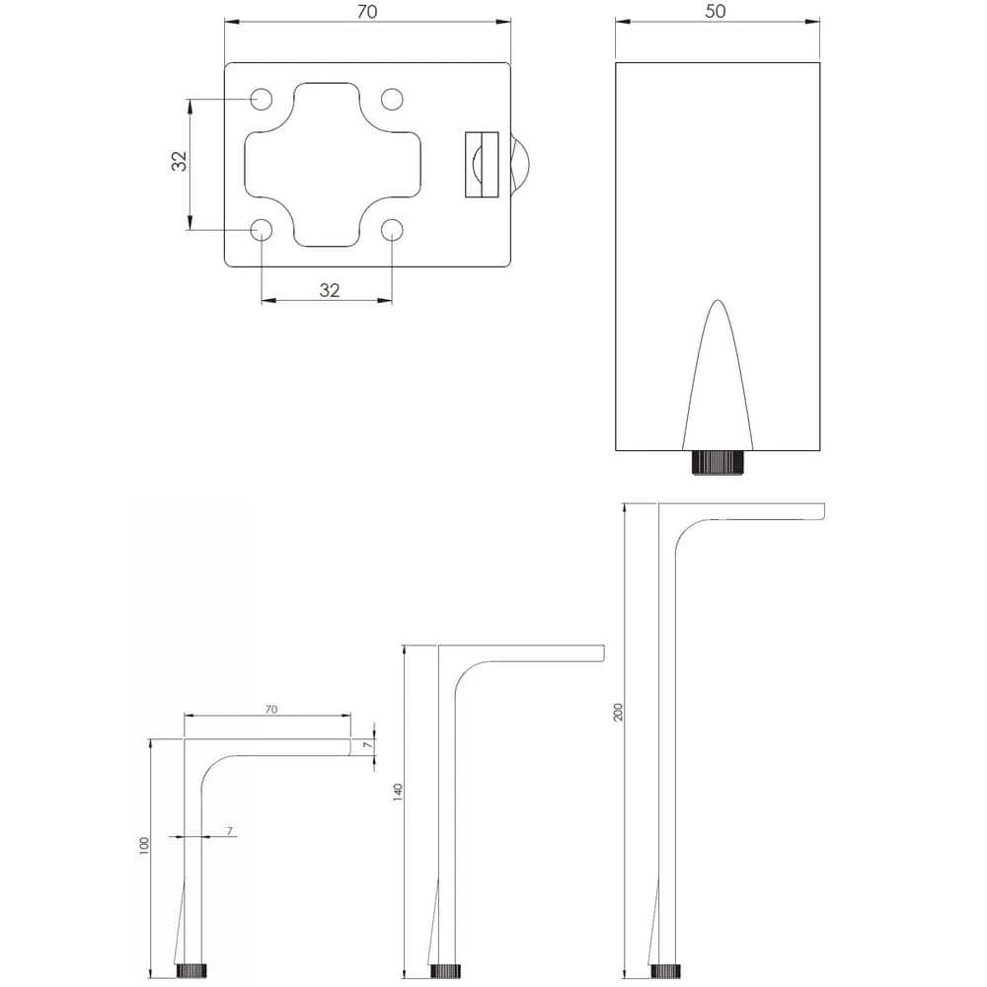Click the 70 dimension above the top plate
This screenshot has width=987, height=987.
tap(367, 11)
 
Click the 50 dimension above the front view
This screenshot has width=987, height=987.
tap(715, 11)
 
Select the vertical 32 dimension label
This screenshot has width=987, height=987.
tap(180, 161)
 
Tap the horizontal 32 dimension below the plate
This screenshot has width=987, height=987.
tap(330, 290)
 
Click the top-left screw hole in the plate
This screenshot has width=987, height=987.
tap(262, 99)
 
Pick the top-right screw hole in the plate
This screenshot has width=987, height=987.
tap(392, 99)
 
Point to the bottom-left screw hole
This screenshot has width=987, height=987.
tap(262, 230)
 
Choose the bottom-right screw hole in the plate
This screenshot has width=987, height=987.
tap(392, 230)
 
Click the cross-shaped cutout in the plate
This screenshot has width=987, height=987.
tap(333, 164)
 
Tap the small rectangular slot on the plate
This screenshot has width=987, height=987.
tap(483, 164)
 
